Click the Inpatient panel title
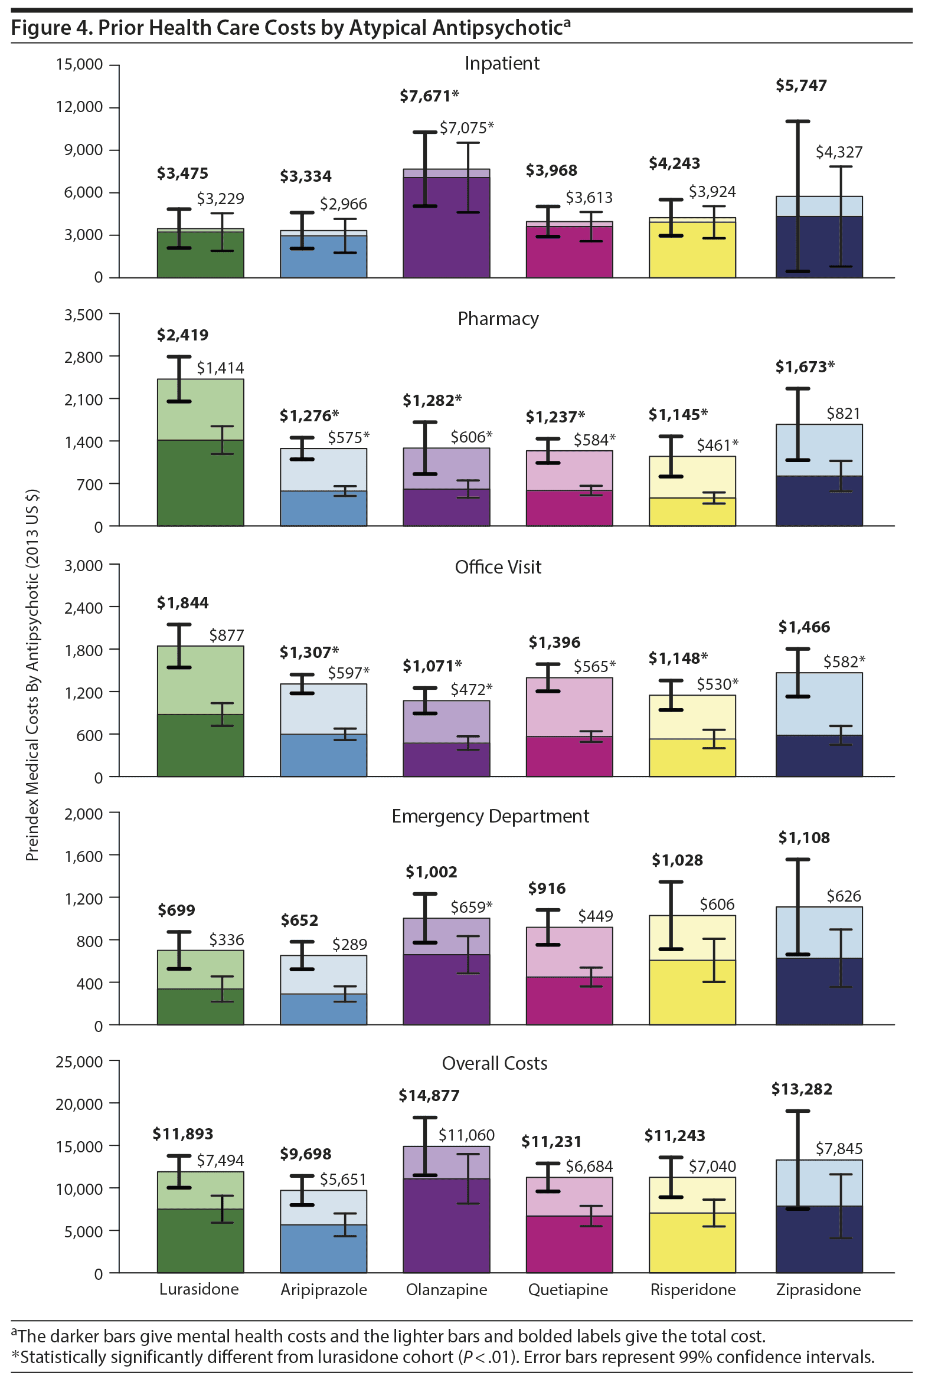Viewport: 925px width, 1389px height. click(x=502, y=63)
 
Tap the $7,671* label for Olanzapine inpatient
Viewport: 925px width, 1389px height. click(x=429, y=96)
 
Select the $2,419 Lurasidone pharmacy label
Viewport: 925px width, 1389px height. click(x=182, y=335)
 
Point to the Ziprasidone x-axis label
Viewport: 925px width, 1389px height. click(x=818, y=1289)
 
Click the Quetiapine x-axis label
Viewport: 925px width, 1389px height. click(x=568, y=1289)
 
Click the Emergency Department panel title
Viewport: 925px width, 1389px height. click(x=490, y=816)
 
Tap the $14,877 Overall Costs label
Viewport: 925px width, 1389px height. click(x=429, y=1096)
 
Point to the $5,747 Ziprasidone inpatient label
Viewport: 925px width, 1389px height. click(x=801, y=86)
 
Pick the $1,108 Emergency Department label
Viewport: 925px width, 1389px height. click(x=804, y=838)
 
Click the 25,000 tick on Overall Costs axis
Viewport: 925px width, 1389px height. click(x=79, y=1062)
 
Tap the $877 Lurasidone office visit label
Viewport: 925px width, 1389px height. click(x=226, y=635)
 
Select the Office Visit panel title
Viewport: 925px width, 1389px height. click(x=498, y=567)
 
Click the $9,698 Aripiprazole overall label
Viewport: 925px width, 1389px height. click(x=305, y=1154)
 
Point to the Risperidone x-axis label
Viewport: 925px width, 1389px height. click(x=693, y=1289)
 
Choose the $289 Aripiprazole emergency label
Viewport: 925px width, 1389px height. click(x=349, y=945)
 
